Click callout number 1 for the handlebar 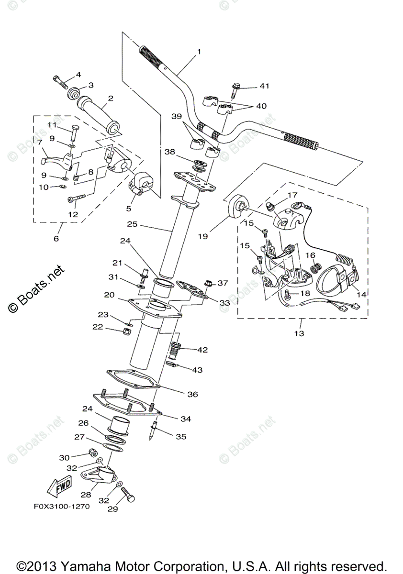[199, 52]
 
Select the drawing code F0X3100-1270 [61, 508]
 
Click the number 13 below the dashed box [299, 333]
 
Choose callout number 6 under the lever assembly [56, 238]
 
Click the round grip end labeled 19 [237, 207]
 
